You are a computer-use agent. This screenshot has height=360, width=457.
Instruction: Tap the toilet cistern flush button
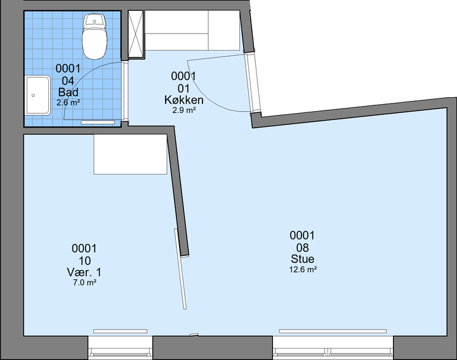(95, 21)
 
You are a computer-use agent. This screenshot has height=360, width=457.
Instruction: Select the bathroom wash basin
(37, 95)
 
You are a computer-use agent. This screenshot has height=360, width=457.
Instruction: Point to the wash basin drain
(33, 95)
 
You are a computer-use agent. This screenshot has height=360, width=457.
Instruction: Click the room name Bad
(68, 92)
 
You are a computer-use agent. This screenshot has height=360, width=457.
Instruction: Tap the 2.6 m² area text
(68, 103)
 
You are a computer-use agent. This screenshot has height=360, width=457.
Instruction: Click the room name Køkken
(184, 100)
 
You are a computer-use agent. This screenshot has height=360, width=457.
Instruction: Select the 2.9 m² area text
(184, 110)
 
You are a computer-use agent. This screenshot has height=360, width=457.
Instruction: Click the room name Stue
(303, 259)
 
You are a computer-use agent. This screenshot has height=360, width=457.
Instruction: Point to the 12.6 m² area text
(303, 269)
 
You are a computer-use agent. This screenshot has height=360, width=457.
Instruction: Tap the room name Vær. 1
(84, 272)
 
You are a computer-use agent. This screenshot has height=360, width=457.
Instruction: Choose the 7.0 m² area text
(84, 283)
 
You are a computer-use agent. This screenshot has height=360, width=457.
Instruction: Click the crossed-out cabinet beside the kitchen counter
(136, 35)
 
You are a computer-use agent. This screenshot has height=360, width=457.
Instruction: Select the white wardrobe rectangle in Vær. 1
(130, 154)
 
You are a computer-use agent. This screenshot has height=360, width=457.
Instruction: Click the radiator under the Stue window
(333, 331)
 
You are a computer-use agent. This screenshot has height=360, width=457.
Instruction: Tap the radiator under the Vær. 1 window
(121, 331)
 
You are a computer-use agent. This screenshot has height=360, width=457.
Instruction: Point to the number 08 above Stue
(303, 248)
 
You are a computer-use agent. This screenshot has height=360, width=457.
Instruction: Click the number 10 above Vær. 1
(84, 260)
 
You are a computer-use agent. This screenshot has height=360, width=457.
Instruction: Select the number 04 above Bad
(68, 81)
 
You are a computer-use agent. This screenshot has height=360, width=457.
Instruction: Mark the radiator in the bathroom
(98, 122)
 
